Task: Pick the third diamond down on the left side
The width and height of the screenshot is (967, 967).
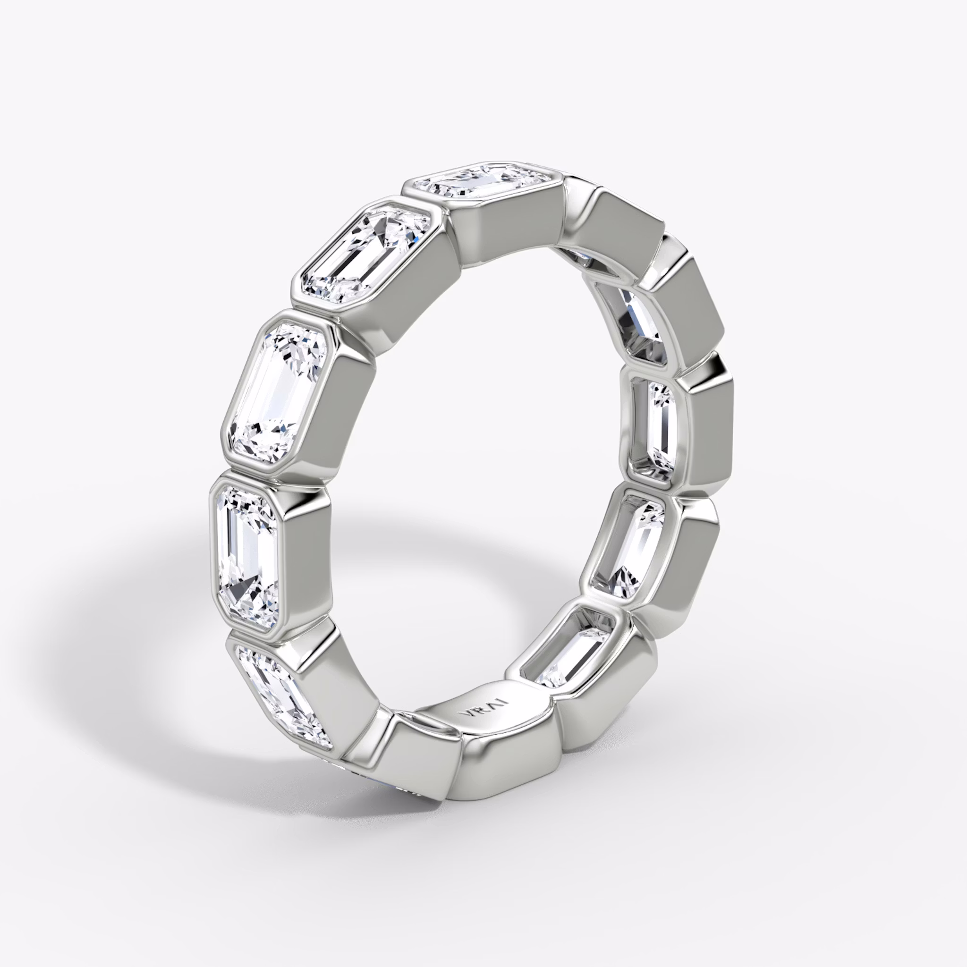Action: point(280,393)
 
